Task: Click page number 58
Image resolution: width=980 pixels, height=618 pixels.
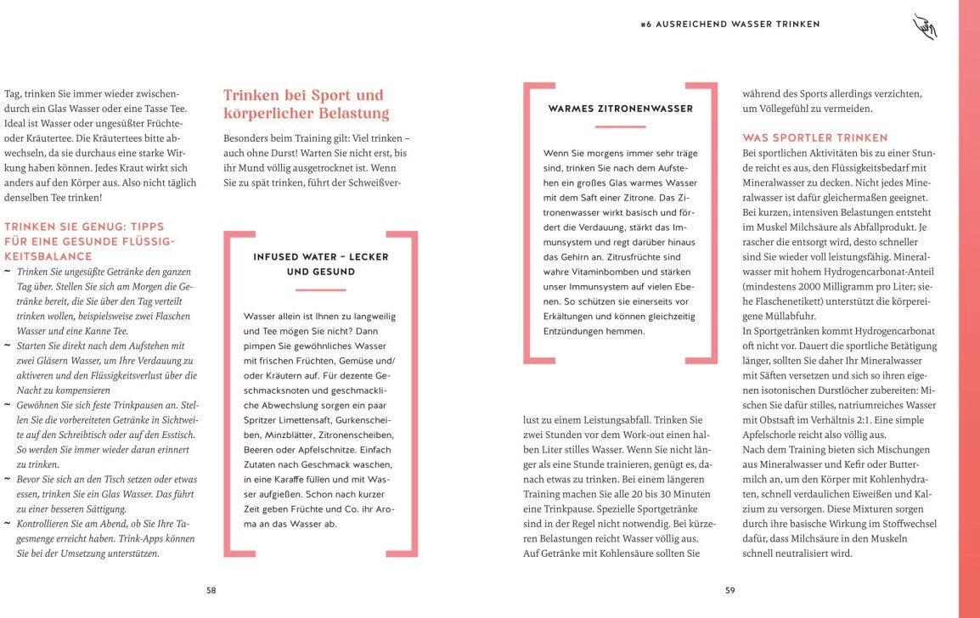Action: click(211, 591)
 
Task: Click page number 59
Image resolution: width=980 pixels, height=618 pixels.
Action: click(729, 591)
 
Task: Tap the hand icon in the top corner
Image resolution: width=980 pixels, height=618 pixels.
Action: click(924, 26)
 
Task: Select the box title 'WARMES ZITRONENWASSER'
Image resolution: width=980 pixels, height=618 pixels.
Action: click(620, 109)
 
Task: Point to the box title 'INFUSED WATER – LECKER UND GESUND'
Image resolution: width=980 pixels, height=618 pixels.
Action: click(320, 264)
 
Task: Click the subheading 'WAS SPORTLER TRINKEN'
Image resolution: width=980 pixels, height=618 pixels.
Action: click(814, 138)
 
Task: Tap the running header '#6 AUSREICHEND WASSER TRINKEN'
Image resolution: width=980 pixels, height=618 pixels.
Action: click(729, 25)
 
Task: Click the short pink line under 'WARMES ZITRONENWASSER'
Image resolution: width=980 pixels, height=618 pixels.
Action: click(620, 126)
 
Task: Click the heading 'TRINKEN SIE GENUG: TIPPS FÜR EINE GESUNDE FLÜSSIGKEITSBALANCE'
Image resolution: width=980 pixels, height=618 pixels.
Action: click(90, 241)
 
